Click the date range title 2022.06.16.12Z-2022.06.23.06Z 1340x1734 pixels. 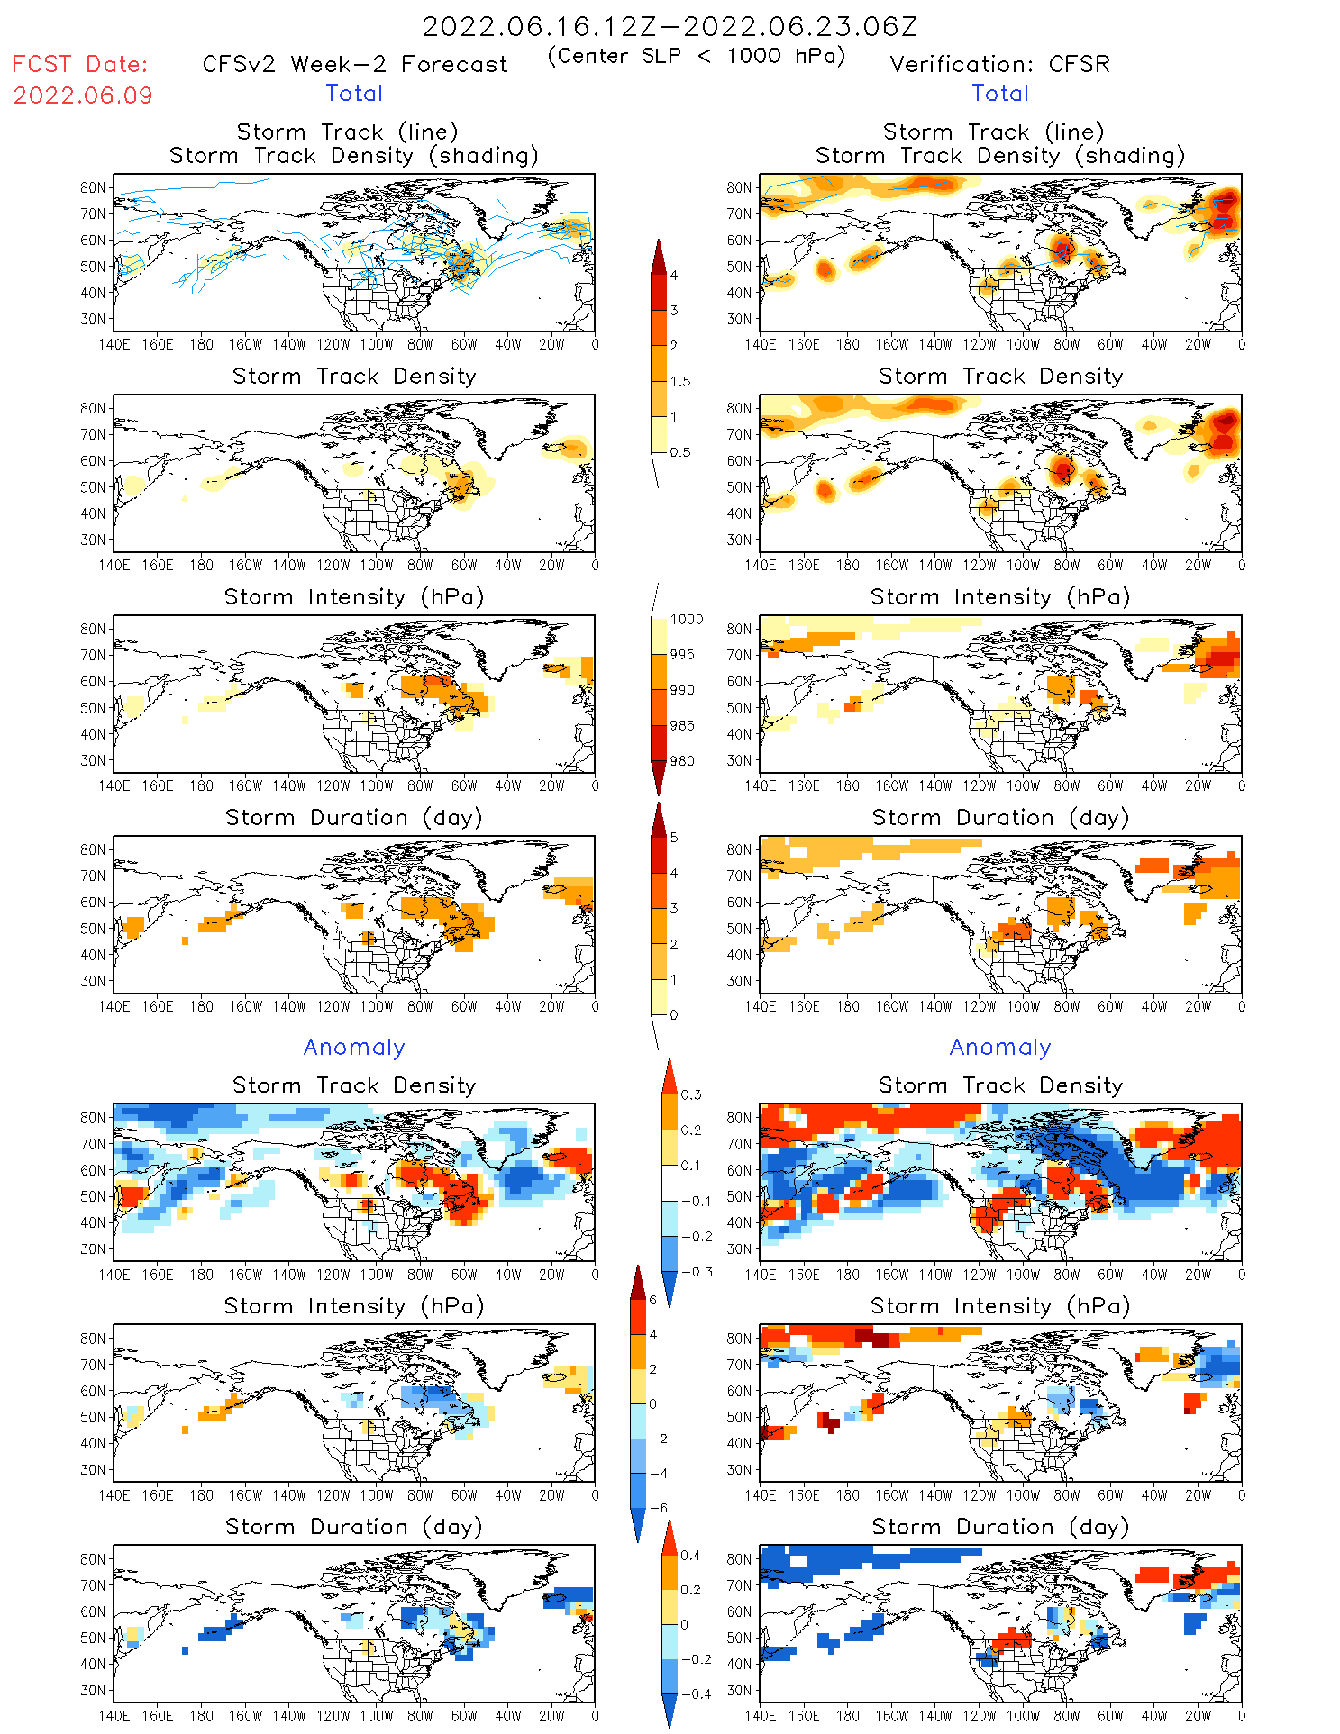[670, 26]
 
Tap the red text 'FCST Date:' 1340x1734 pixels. [80, 64]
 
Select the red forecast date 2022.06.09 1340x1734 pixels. [83, 95]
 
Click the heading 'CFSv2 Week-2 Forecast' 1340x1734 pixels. [355, 64]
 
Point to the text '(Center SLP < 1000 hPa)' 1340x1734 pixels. [697, 56]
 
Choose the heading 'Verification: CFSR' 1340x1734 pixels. [999, 64]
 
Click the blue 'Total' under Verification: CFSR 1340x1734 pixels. [999, 93]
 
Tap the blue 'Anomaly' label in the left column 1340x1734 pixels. [354, 1047]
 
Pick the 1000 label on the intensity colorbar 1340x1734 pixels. [687, 619]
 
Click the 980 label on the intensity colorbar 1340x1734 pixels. [682, 761]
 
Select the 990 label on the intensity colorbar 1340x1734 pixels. [682, 690]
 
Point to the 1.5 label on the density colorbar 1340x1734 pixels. [680, 381]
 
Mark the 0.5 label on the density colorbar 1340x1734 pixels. [680, 452]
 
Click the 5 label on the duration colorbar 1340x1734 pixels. [674, 837]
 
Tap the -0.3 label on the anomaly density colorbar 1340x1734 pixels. [697, 1272]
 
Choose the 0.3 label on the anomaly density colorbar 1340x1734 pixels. [691, 1094]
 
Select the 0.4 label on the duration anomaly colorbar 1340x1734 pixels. [691, 1555]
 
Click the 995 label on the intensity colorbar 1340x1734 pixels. [682, 655]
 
